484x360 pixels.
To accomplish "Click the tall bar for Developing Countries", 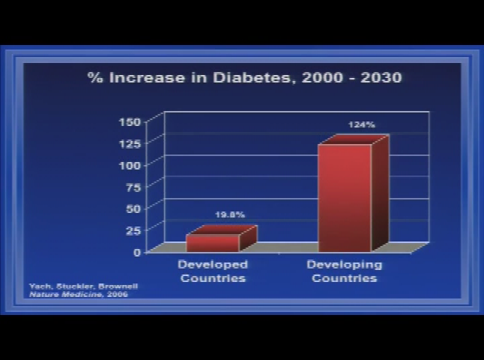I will (345, 196).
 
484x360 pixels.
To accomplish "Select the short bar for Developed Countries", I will (213, 242).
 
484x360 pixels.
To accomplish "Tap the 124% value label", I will (361, 125).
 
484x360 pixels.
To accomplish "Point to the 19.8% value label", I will (230, 215).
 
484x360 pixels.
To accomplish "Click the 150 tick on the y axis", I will (130, 121).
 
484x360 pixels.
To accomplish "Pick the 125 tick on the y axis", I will (130, 142).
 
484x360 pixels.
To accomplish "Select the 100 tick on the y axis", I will (130, 164).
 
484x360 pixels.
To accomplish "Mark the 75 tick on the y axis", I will (133, 186).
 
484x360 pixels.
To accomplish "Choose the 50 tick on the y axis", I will (133, 208).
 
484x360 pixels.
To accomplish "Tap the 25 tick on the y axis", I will (133, 230).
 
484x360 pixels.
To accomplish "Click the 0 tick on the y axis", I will (137, 252).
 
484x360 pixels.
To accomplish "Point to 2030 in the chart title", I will (381, 77).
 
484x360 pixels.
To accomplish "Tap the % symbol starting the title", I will (94, 77).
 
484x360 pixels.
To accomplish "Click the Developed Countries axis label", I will (213, 271).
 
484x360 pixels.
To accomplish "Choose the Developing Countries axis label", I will (345, 271).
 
